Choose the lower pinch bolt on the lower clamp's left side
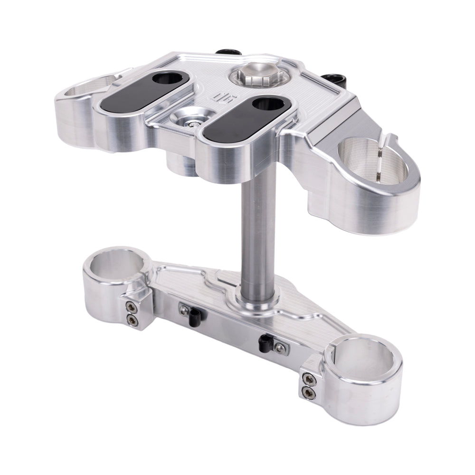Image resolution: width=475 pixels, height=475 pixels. pos(131,322)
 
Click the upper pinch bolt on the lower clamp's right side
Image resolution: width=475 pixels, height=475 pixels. pos(309,379)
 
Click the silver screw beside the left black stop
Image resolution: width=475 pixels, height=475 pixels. pos(183,310)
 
